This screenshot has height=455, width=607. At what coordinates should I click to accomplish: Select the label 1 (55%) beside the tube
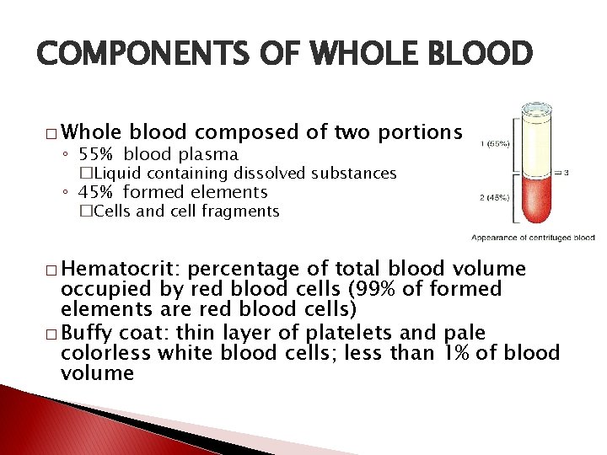tap(495, 144)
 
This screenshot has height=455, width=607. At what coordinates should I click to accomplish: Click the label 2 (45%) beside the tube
tap(495, 198)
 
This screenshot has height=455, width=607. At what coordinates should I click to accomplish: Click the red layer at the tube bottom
tap(533, 202)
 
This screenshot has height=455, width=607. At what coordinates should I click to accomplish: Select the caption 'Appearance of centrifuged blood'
tap(533, 238)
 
